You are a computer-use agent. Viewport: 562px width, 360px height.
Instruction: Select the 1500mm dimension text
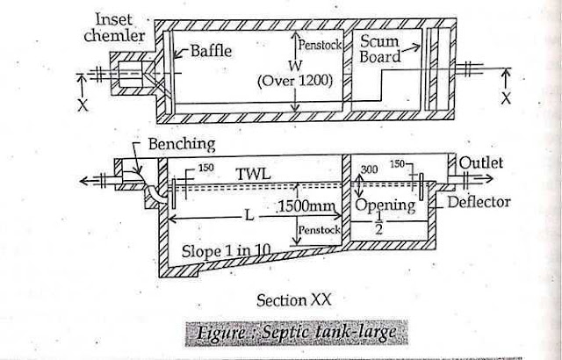(x=303, y=208)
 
